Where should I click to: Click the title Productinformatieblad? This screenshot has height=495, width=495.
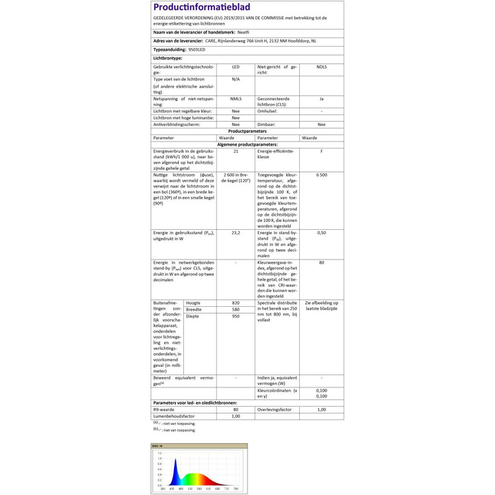point(196,7)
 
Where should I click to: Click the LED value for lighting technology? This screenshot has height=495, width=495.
point(235,66)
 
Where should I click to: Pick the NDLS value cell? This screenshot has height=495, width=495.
point(322,66)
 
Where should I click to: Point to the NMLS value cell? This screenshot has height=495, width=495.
point(235,99)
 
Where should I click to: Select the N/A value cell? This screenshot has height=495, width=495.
point(235,79)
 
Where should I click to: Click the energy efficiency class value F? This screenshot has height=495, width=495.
point(322,151)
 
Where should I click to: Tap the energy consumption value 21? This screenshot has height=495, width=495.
point(235,151)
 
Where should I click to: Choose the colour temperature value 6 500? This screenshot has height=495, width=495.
point(322,174)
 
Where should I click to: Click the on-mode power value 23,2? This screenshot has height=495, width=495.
point(235,233)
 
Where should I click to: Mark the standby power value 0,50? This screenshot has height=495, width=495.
point(322,233)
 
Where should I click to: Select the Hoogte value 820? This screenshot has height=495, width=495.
point(235,303)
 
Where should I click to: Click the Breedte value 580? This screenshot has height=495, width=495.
point(235,310)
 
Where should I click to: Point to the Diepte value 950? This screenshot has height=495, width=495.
point(235,316)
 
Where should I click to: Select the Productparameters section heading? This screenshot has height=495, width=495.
point(248,131)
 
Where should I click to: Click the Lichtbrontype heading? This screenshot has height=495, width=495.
point(168,58)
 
